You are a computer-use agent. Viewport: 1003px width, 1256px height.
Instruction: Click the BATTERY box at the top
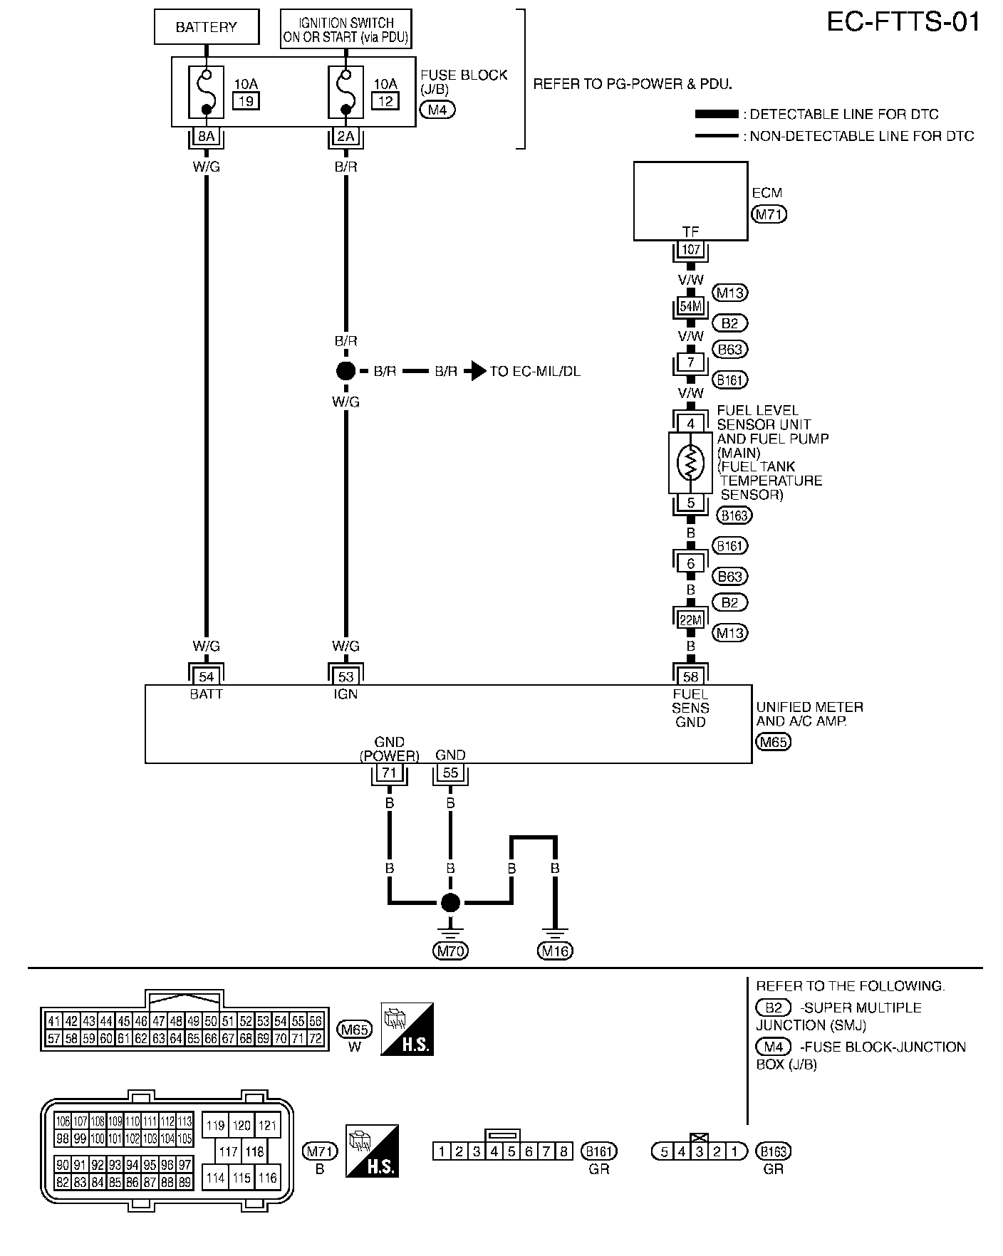coord(206,28)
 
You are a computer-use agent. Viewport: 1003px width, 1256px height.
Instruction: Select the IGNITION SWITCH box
coord(345,28)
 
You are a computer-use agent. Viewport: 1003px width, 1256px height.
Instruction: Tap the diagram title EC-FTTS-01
coord(903,23)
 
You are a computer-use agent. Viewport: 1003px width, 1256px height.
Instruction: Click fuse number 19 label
coord(246,101)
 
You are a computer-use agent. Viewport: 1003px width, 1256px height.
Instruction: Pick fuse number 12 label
coord(385,101)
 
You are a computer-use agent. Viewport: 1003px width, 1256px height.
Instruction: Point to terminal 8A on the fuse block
coord(206,136)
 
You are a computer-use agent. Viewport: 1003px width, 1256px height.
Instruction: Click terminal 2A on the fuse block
coord(345,136)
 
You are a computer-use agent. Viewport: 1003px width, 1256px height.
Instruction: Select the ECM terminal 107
coord(690,250)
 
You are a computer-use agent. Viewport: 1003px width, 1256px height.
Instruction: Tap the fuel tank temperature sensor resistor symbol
coord(690,463)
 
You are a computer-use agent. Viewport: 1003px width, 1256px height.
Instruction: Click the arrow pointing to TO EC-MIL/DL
coord(475,371)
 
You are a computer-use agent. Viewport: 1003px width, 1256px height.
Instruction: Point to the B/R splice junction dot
coord(345,371)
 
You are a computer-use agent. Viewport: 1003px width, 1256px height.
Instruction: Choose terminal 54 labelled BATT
coord(206,676)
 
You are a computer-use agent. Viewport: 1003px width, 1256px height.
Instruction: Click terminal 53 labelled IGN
coord(345,676)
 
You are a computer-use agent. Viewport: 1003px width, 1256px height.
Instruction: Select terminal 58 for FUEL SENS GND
coord(690,676)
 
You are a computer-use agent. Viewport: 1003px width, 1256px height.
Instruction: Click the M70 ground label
coord(450,951)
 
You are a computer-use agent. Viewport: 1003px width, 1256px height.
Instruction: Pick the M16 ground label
coord(556,951)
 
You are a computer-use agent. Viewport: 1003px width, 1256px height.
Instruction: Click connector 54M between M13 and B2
coord(690,307)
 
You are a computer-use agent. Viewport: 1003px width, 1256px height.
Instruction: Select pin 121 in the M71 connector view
coord(267,1126)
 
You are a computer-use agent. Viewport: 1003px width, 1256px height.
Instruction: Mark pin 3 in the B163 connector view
coord(700,1151)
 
